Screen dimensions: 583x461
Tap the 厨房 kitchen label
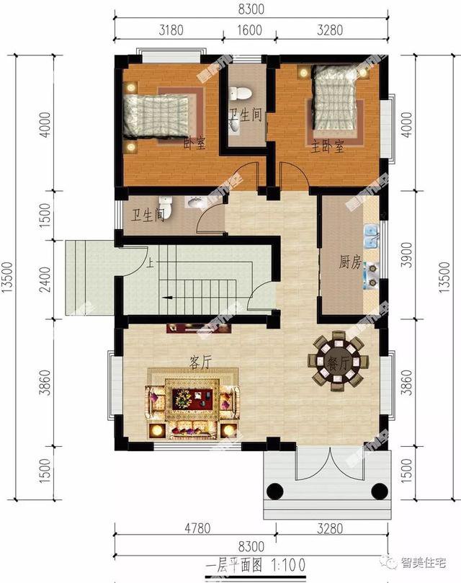[349, 263]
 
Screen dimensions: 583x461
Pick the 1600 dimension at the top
[245, 30]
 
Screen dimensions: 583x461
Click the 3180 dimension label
[169, 30]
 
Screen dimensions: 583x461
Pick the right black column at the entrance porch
[379, 491]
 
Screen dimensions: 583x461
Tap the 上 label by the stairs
[149, 262]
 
